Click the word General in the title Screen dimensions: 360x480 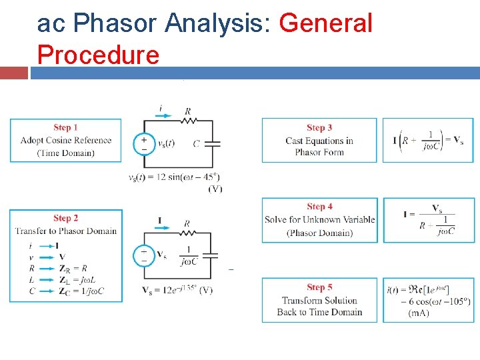point(325,23)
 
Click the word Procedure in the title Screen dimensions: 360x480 point(98,54)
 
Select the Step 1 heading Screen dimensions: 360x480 point(65,127)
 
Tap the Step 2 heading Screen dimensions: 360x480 point(65,218)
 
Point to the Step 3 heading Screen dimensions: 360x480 point(319,127)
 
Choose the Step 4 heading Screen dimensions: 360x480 point(319,207)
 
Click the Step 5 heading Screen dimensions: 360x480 point(319,287)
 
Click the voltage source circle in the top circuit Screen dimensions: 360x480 point(143,144)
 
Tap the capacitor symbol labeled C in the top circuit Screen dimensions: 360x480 point(213,143)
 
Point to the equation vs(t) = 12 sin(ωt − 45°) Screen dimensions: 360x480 point(174,177)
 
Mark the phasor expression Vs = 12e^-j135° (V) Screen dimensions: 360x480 point(177,290)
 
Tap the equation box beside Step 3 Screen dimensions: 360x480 point(430,140)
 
